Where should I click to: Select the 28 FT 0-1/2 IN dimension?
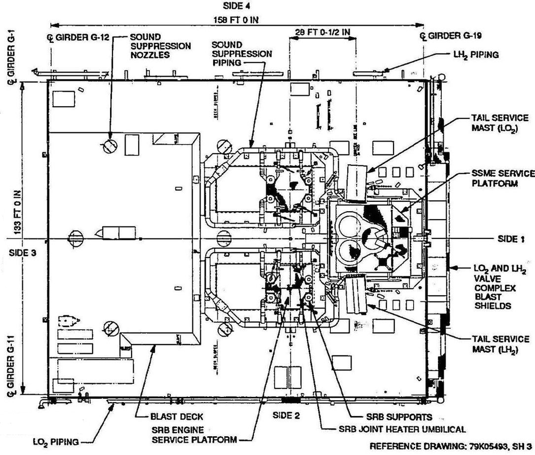(322, 33)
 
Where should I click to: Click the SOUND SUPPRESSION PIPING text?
(242, 53)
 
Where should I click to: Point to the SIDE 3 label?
(22, 252)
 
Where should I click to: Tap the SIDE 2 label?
(286, 416)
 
